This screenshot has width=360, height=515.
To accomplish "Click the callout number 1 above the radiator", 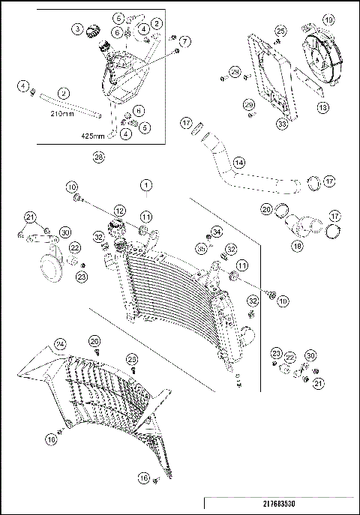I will tap(145, 184).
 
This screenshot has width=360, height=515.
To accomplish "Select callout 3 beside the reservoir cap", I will tap(77, 29).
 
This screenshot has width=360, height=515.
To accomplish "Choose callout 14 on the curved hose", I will tap(238, 162).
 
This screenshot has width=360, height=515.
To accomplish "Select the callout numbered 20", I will tap(266, 209).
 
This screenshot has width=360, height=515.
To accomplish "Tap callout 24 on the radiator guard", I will tap(60, 344).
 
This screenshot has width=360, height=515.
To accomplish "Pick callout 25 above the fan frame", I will tap(280, 31).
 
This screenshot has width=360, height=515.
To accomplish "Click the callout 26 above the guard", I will tap(94, 341).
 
